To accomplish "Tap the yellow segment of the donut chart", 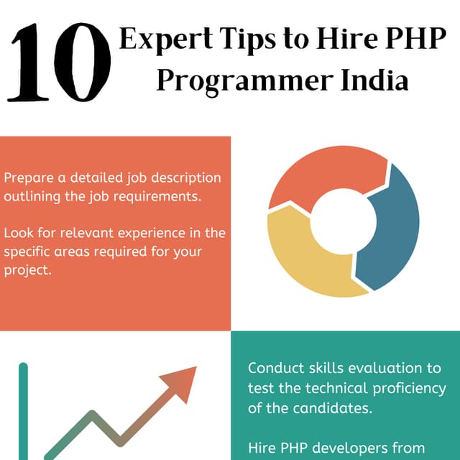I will pos(302,259).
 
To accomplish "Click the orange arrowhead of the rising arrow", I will pos(180,381).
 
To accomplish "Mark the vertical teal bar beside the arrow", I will pos(23,410).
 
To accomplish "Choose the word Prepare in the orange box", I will pos(27,178).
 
